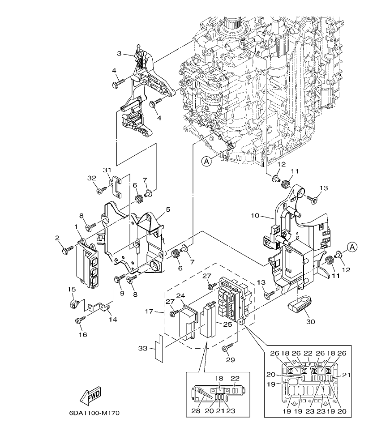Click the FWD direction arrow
pos(90,396)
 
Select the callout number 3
pos(119,54)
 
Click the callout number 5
pos(168,209)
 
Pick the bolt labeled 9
pos(118,279)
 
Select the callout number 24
pos(180,295)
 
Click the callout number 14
pos(113,320)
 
